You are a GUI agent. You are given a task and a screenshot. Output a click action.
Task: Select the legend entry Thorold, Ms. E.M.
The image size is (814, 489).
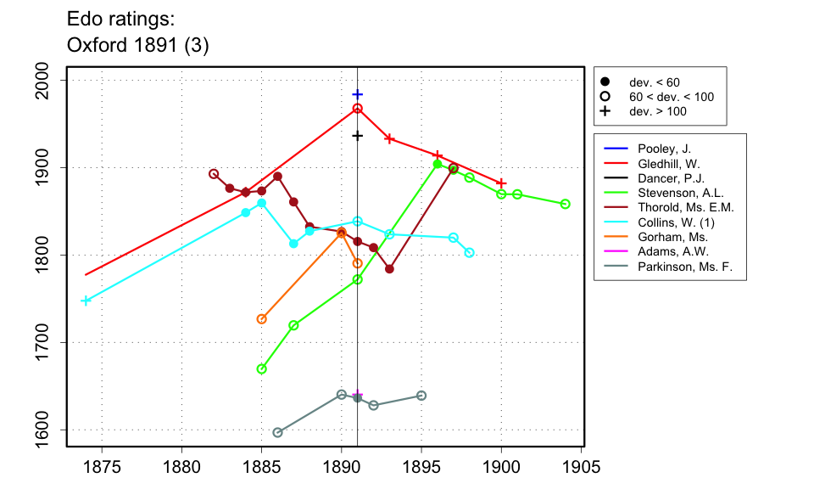tap(685, 207)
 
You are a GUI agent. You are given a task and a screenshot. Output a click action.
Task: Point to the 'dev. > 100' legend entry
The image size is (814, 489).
tap(657, 111)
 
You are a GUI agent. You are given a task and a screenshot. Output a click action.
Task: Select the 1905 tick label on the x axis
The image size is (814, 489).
tap(581, 467)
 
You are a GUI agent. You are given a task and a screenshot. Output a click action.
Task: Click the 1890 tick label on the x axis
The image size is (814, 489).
tap(342, 467)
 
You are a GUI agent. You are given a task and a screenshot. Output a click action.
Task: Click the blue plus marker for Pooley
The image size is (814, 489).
tap(358, 94)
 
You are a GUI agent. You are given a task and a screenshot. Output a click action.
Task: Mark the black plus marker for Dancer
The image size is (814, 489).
tap(358, 136)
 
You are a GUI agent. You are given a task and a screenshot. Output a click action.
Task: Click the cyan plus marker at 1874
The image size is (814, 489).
tap(86, 301)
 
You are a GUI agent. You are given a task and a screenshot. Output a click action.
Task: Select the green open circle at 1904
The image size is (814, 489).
tap(566, 204)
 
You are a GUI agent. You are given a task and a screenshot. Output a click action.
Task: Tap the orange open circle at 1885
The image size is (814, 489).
tap(261, 319)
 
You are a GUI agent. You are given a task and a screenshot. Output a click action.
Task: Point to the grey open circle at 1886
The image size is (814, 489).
tap(277, 432)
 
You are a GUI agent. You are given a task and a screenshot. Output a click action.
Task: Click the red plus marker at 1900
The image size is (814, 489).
tap(501, 183)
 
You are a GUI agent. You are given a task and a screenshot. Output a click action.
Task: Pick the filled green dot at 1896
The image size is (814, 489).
tap(438, 164)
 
